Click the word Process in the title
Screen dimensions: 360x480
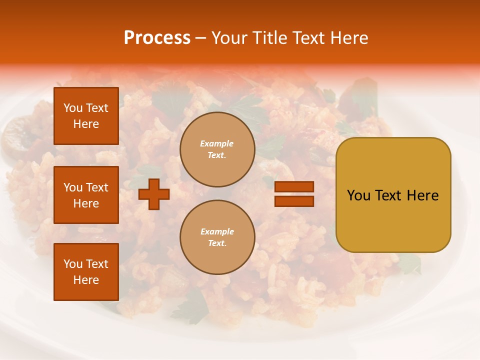157,38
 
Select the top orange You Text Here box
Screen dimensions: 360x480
86,116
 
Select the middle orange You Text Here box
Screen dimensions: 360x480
86,195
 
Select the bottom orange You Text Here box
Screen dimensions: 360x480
86,272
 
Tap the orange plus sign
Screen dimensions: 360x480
154,194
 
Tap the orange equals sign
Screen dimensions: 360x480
294,194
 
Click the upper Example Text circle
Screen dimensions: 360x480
217,149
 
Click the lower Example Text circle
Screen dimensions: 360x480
217,237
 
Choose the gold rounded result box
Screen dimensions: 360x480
393,195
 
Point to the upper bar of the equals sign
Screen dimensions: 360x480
294,187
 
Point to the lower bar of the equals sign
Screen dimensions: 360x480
294,201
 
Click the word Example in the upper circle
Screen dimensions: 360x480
217,143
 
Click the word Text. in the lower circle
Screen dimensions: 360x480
217,243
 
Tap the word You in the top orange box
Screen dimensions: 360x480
73,108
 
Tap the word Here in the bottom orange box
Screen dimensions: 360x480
86,280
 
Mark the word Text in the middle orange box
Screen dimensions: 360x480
96,187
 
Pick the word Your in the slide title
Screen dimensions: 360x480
228,38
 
